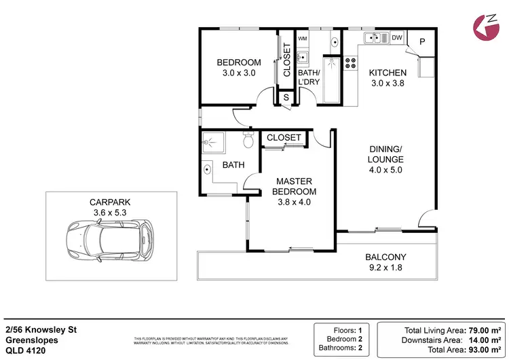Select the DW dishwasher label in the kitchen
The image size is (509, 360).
pyautogui.click(x=397, y=38)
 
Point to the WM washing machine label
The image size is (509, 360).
pyautogui.click(x=303, y=39)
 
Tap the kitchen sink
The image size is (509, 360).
pyautogui.click(x=373, y=38)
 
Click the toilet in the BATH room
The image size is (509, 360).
pyautogui.click(x=248, y=142)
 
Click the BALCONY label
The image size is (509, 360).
pyautogui.click(x=385, y=257)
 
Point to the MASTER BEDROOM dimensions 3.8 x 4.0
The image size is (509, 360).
pyautogui.click(x=294, y=202)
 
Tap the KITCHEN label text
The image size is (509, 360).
pyautogui.click(x=388, y=73)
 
